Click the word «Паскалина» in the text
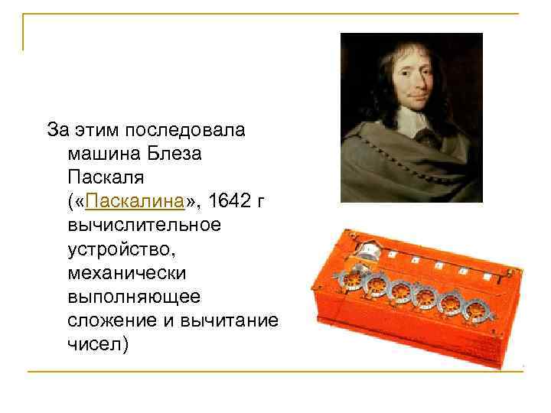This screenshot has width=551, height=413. coord(136,201)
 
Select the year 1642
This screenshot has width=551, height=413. coord(230,201)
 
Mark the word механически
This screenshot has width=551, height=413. coord(122,272)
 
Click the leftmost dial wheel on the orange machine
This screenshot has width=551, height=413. coord(353,279)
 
